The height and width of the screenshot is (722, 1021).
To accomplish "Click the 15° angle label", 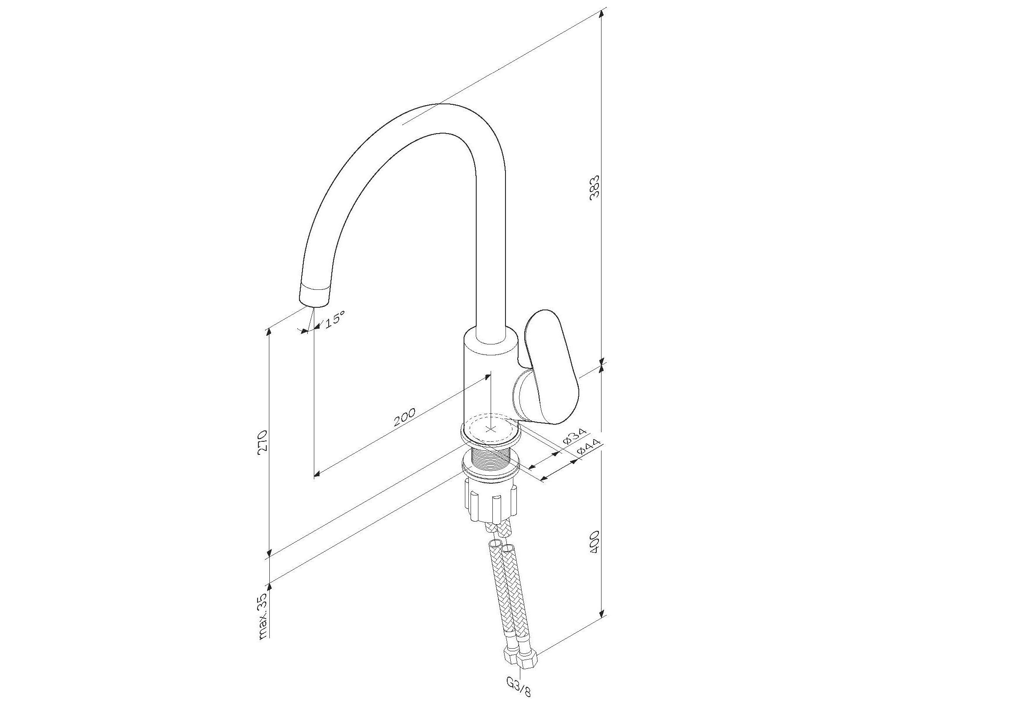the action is [x=333, y=320].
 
